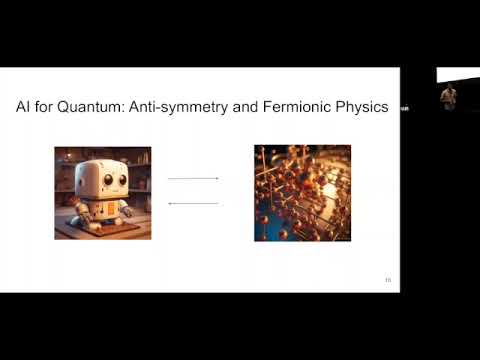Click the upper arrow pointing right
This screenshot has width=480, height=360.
pos(193,178)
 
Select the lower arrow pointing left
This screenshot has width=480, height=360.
pos(193,203)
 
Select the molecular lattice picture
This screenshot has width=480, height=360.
pos(303,193)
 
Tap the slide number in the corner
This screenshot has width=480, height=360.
pos(387,280)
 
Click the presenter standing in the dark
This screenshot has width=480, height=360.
pos(449,95)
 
